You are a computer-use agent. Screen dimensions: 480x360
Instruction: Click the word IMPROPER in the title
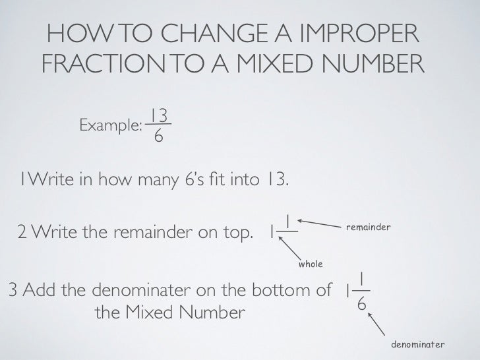point(359,33)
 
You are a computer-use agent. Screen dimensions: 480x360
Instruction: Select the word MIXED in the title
point(274,63)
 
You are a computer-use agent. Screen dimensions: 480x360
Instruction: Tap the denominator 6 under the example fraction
point(158,135)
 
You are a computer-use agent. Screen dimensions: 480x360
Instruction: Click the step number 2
point(22,231)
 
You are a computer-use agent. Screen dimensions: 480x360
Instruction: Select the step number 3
point(13,289)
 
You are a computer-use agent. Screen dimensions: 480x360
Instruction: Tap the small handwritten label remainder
point(369,227)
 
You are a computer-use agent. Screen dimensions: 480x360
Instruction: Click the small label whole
point(311,264)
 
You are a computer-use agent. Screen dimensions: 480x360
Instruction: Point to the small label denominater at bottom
point(417,344)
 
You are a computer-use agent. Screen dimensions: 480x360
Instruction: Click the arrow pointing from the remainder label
point(319,224)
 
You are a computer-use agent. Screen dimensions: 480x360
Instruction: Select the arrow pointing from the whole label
point(289,249)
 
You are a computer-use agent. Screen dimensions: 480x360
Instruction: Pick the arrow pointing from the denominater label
point(376,324)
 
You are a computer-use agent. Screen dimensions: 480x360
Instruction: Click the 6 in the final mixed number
point(362,304)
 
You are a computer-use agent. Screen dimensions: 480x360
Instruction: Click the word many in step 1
point(158,180)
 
